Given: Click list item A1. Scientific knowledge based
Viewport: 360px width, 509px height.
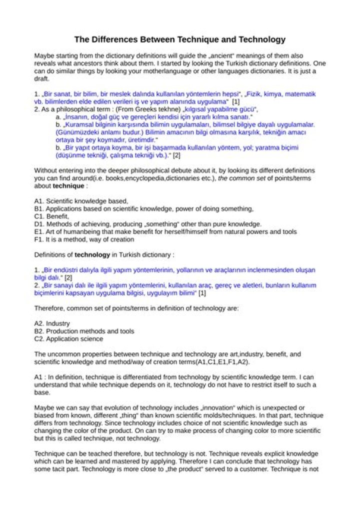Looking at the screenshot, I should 81,201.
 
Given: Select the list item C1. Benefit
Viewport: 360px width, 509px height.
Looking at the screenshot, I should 51,216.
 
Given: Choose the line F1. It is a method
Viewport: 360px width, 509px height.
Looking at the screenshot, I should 84,239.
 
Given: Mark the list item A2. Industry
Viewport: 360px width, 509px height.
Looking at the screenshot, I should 52,323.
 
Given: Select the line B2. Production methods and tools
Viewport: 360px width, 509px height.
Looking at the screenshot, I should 84,331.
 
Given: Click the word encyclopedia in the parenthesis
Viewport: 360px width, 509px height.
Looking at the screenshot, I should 145,178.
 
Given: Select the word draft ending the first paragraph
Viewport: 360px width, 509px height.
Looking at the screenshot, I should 41,78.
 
